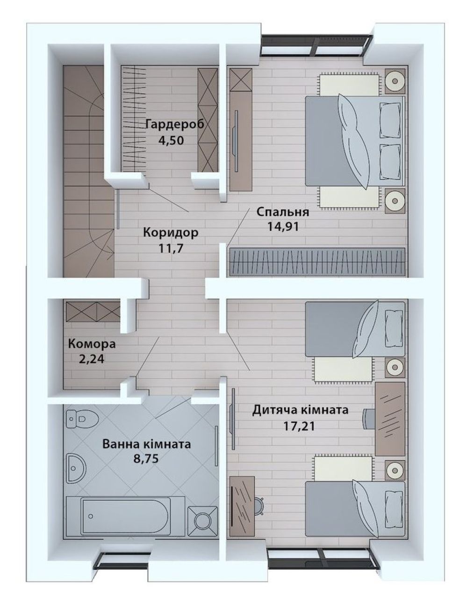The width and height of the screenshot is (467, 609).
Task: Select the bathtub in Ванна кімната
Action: (125, 516)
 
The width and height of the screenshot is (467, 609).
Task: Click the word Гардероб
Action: (175, 124)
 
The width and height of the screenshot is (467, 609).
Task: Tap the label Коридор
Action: (171, 232)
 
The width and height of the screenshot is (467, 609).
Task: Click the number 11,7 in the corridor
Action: (171, 248)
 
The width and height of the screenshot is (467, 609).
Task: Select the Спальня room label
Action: (283, 212)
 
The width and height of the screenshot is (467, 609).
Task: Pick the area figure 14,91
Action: (283, 226)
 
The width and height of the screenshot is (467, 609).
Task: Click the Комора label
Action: (92, 344)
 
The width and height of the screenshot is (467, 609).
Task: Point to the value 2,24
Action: (92, 359)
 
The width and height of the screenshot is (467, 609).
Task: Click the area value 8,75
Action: (146, 458)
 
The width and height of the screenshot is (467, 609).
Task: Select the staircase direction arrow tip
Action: (114, 253)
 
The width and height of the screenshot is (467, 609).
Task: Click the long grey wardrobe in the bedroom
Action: (317, 262)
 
